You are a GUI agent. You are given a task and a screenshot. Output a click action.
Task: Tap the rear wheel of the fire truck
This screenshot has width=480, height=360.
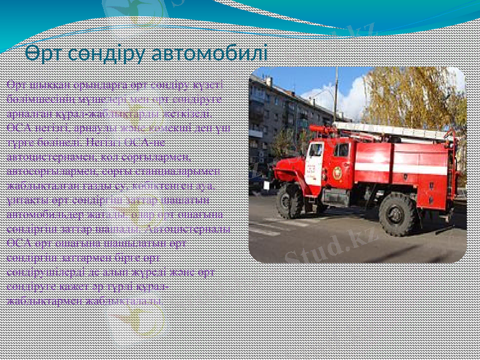point(398,214)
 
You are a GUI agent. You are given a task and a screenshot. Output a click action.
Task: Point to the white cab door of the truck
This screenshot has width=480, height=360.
point(314,163)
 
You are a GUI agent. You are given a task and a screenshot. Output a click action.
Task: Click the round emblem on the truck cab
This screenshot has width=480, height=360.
point(338,173)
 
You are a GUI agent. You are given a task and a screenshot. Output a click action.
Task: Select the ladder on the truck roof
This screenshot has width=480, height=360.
point(390,131)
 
